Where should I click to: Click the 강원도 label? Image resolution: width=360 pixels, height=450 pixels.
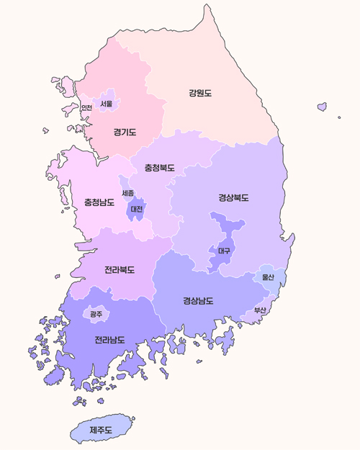(x=200, y=93)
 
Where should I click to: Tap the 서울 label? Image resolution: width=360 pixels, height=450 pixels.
(x=107, y=104)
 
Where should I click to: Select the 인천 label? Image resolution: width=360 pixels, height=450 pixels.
(x=86, y=108)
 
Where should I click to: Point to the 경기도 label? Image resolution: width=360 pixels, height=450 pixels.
(x=125, y=132)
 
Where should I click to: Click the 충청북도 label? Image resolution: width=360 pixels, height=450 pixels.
(x=159, y=168)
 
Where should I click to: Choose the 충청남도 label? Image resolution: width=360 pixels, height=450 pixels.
(x=99, y=202)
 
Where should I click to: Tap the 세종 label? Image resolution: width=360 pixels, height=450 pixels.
(x=127, y=193)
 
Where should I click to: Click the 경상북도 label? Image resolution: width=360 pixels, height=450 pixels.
(x=233, y=197)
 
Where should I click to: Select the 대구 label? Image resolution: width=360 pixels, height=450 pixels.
(x=223, y=251)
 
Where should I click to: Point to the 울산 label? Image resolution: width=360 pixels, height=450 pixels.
(x=269, y=276)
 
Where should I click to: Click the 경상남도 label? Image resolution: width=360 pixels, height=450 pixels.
(x=198, y=300)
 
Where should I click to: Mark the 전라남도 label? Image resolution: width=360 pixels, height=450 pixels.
(x=109, y=339)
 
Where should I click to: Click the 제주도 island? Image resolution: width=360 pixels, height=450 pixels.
(x=101, y=430)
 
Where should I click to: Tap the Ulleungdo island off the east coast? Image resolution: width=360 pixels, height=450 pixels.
(x=322, y=107)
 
